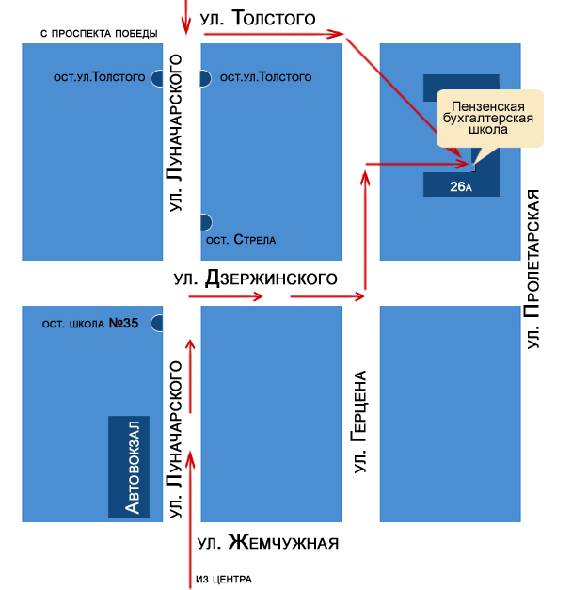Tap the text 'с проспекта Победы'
coord(99,34)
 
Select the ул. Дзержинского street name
coord(256,279)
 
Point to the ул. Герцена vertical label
coord(358,421)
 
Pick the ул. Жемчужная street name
coord(268,544)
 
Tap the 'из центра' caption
coord(224,578)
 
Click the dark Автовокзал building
coord(130,466)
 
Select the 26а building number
coord(459,186)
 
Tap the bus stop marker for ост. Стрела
coord(205,222)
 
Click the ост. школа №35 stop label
coord(90,324)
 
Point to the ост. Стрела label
coord(242,240)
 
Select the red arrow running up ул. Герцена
coord(364,230)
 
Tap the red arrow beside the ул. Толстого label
coord(273,35)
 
